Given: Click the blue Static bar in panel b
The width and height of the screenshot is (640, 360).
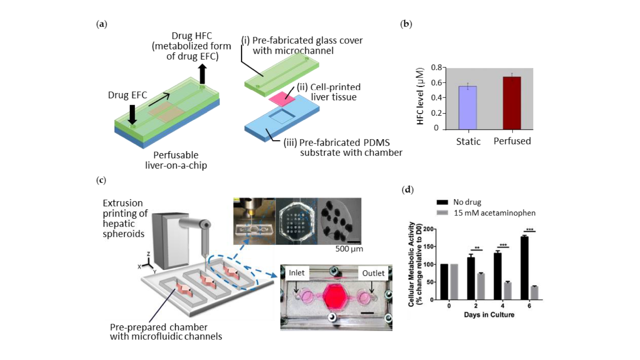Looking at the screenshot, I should click(x=468, y=108).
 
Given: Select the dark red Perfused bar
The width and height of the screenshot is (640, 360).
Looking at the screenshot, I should click(x=512, y=103).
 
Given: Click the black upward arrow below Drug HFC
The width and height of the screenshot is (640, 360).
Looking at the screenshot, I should click(x=202, y=74).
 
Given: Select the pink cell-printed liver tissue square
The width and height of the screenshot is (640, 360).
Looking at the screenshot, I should click(x=282, y=98).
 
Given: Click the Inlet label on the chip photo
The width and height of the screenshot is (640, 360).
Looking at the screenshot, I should click(x=297, y=273).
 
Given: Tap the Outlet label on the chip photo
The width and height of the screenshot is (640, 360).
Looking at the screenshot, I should click(x=373, y=273).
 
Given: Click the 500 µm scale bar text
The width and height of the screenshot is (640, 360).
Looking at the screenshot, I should click(x=349, y=249).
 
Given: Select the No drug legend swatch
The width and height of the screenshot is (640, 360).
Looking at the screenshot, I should click(x=442, y=202).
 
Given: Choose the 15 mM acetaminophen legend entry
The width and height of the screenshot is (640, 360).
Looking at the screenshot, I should click(x=494, y=213).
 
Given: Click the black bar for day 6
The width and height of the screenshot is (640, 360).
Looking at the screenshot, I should click(x=524, y=268).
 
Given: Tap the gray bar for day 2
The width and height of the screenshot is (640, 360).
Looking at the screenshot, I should click(x=480, y=286).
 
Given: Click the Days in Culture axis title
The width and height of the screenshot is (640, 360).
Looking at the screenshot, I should click(x=489, y=315).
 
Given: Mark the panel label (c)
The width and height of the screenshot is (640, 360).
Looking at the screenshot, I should click(x=101, y=180).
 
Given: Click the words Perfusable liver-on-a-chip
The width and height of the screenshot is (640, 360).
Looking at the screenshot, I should click(x=176, y=160).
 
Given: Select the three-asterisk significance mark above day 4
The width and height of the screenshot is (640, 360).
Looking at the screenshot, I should click(x=503, y=245).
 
